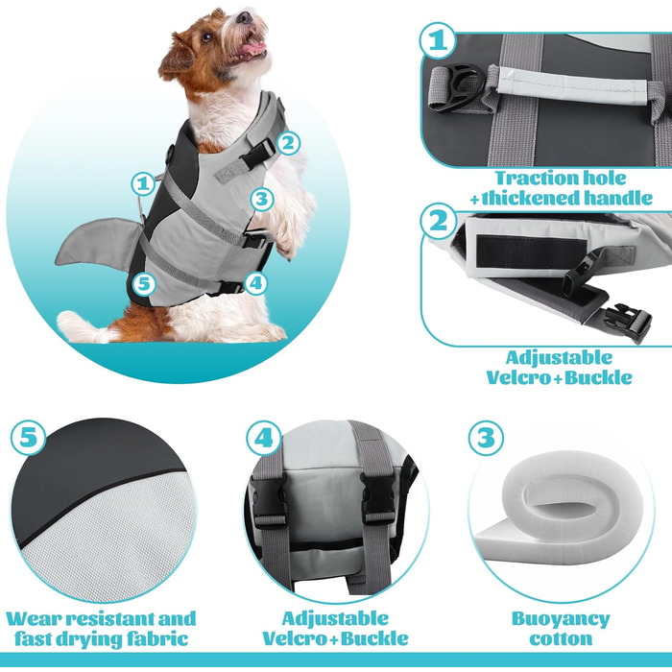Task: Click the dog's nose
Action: (245, 17)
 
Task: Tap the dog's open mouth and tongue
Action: (252, 45)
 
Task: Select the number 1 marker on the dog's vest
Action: (143, 184)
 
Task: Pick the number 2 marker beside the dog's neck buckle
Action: (288, 143)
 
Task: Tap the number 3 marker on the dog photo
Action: (262, 199)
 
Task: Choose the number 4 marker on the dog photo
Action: (256, 283)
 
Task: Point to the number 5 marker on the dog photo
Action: (144, 284)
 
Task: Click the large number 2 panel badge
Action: (439, 221)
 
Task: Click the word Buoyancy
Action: (561, 620)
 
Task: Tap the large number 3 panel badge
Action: (486, 438)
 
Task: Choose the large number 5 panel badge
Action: (28, 438)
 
